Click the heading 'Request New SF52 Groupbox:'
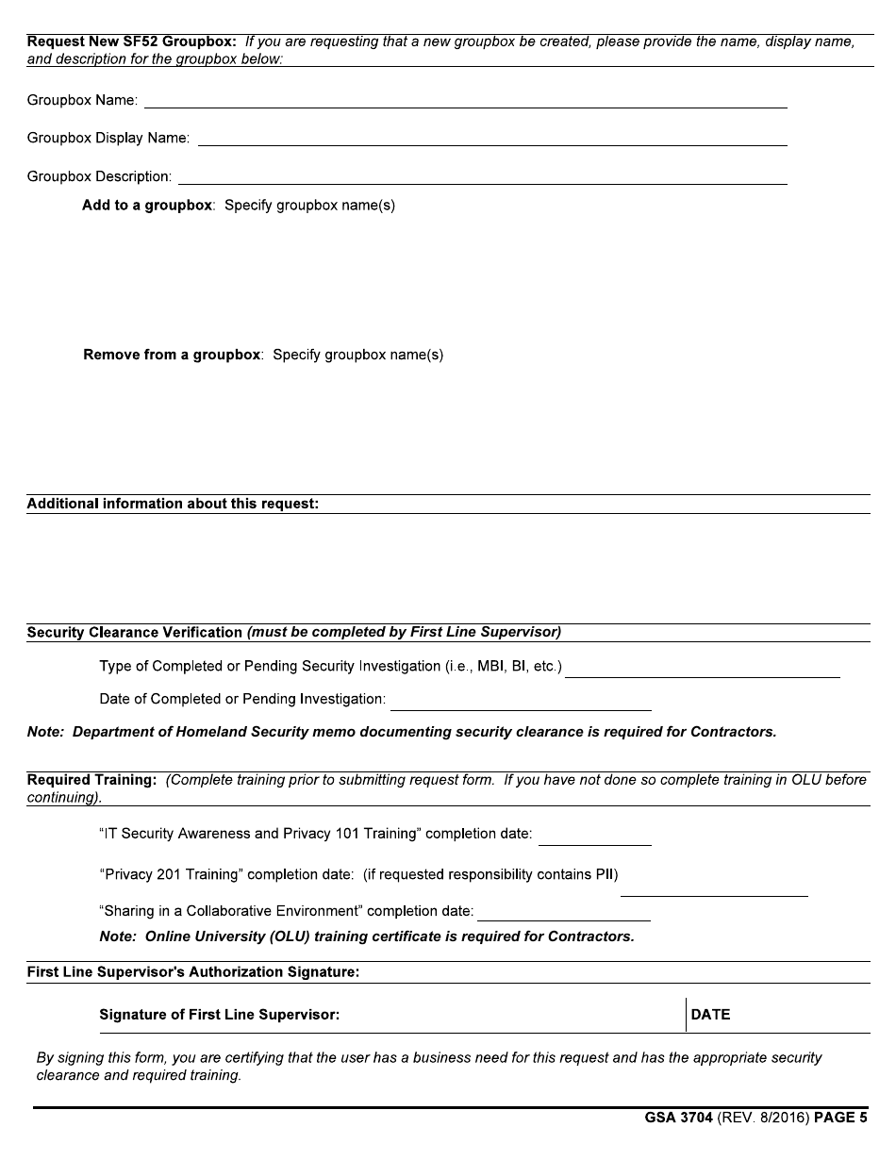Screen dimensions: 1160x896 tap(131, 42)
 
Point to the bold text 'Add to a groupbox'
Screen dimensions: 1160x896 tap(147, 205)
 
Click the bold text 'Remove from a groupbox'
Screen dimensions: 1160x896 tap(172, 355)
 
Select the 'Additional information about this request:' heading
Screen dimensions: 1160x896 tap(173, 504)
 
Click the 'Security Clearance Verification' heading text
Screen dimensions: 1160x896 tap(135, 632)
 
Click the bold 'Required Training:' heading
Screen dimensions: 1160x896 tap(91, 780)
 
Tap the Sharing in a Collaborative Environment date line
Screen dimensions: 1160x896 tap(563, 913)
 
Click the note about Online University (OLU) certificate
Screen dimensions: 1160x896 tap(367, 936)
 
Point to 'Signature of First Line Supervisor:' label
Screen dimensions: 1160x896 tap(219, 1015)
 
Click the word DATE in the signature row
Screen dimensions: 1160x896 tap(710, 1015)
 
